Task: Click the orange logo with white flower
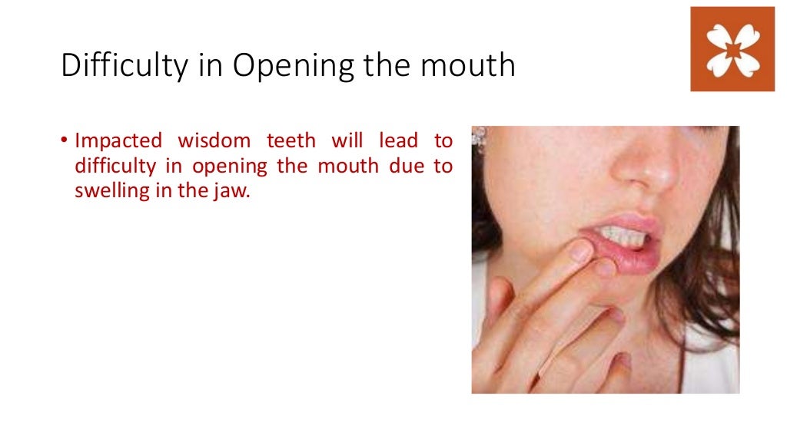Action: click(732, 48)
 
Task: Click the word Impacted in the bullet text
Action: click(118, 141)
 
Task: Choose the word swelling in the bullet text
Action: click(109, 192)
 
